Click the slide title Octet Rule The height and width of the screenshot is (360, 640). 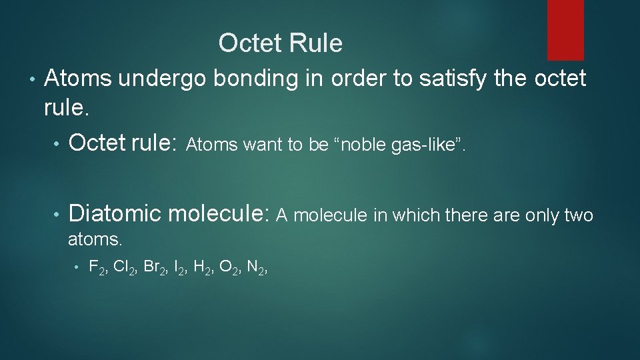[x=280, y=44]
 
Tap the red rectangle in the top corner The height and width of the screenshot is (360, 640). [x=565, y=29]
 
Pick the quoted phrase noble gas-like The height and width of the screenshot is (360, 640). [x=397, y=145]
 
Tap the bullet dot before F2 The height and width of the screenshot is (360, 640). [x=77, y=269]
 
